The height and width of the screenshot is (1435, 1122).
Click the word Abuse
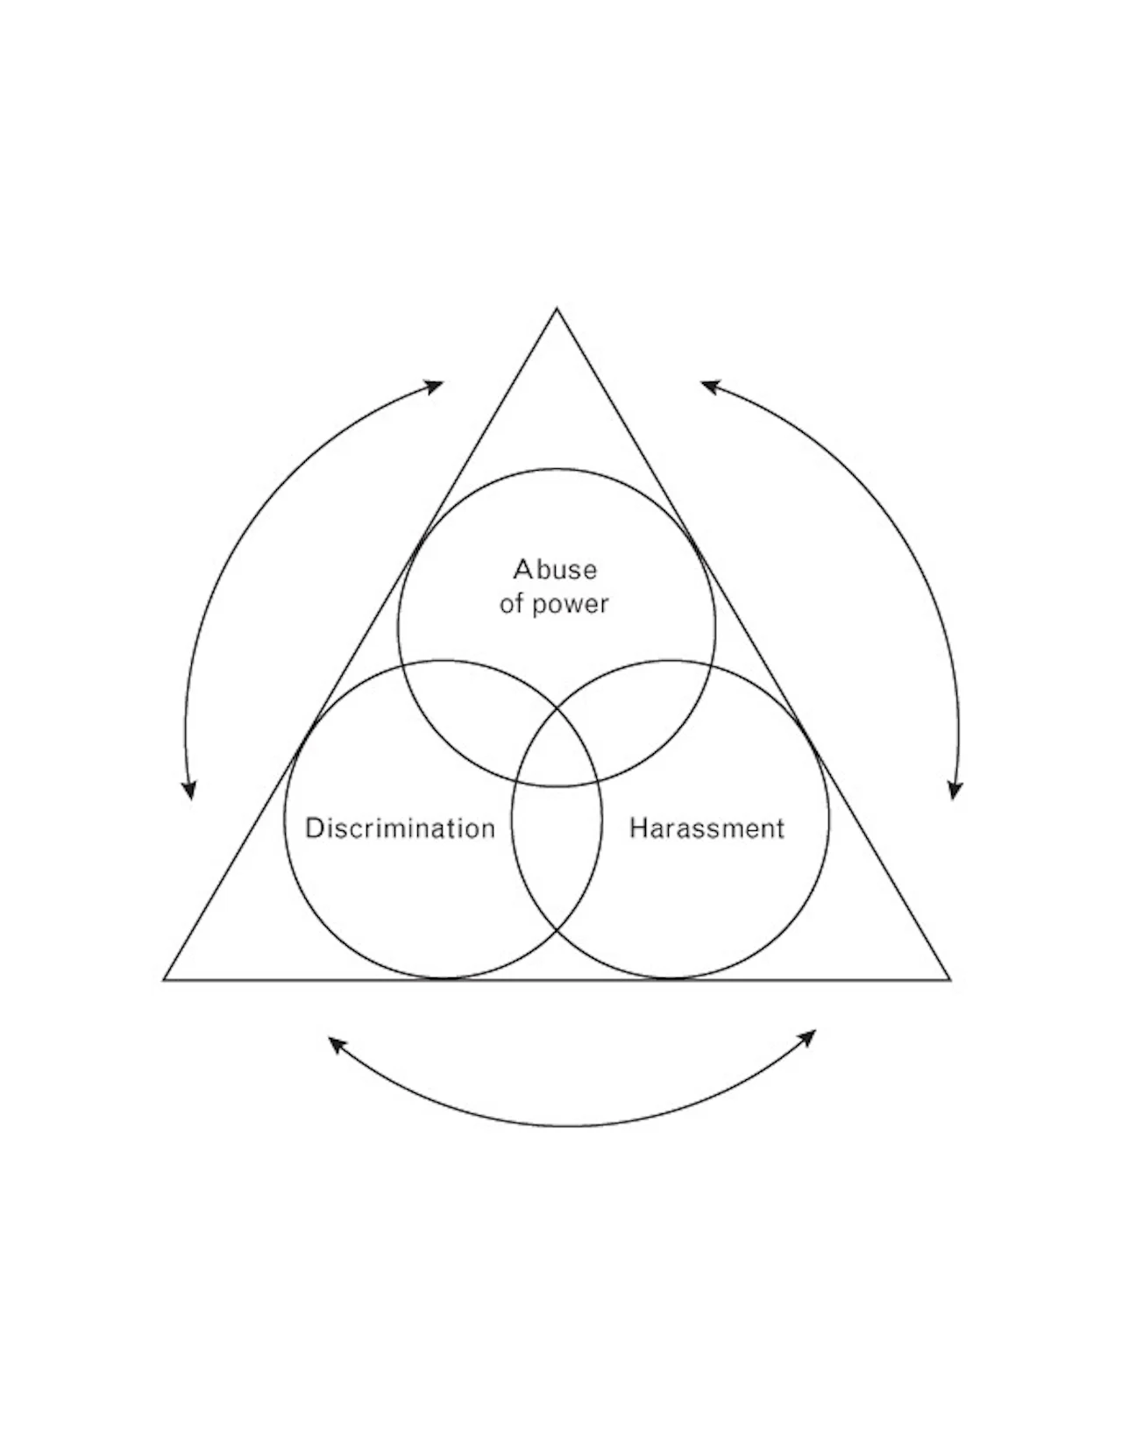(x=555, y=569)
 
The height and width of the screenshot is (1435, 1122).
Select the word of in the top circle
(x=512, y=604)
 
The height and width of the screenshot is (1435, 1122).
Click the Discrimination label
(x=401, y=828)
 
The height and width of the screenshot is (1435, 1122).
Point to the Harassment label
(x=707, y=828)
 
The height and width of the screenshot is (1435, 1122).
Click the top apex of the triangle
(x=557, y=309)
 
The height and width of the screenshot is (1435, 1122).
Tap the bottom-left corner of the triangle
(x=165, y=979)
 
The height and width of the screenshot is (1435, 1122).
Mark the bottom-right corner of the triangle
(x=949, y=979)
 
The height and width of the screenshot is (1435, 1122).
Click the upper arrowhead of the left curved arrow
(x=436, y=385)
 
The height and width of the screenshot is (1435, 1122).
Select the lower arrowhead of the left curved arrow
(x=190, y=793)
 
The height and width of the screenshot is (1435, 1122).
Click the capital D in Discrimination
(x=315, y=828)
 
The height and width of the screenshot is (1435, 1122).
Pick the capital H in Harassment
(x=639, y=828)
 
